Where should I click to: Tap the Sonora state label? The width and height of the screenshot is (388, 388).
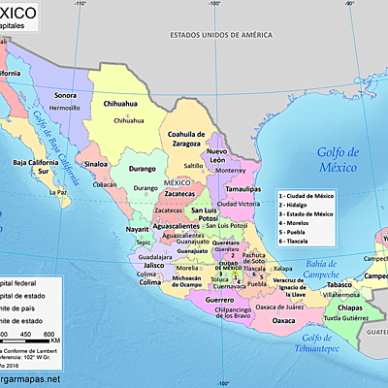point(65,95)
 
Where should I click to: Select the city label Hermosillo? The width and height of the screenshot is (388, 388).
point(64,108)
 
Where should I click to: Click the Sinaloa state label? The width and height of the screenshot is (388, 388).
point(96,164)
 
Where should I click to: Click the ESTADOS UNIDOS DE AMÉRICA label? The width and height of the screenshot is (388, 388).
point(218,35)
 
